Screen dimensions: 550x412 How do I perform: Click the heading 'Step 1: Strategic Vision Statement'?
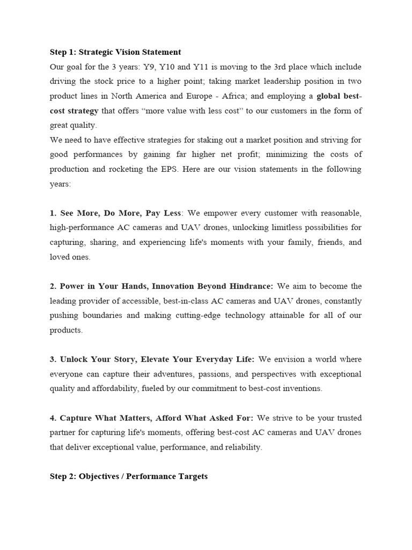[115, 52]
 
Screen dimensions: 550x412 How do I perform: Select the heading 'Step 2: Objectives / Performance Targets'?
[129, 476]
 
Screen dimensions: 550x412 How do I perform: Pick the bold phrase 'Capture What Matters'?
[102, 418]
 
